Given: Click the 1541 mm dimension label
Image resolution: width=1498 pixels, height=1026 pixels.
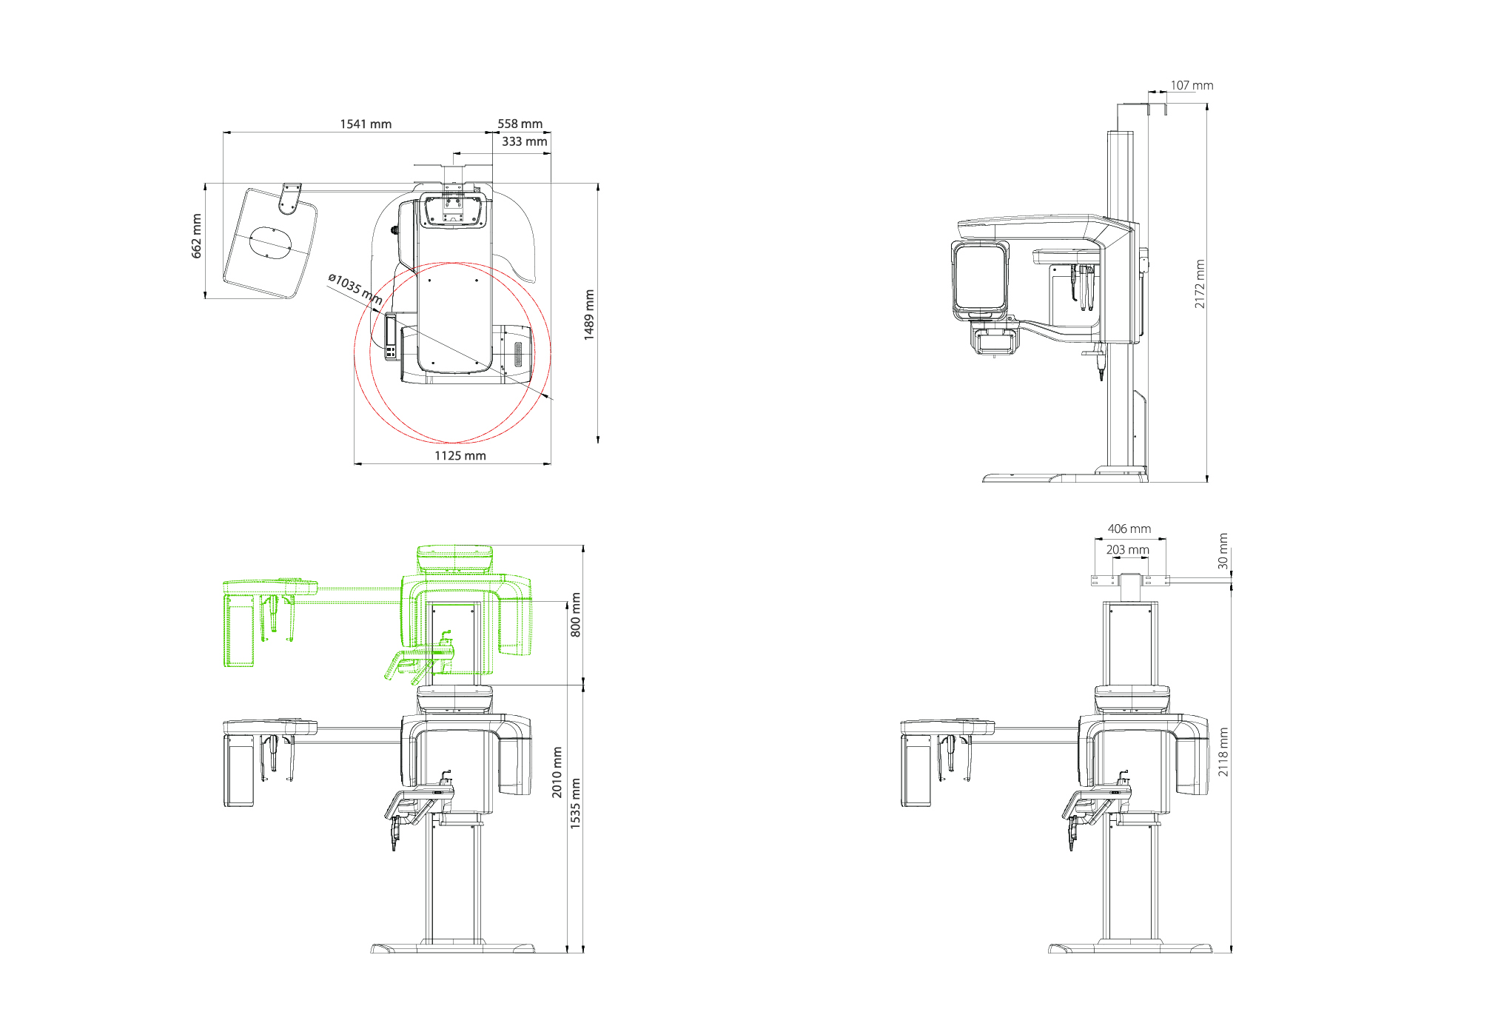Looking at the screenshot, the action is [x=366, y=124].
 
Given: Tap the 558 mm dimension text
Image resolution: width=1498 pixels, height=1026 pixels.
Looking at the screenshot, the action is [x=520, y=124].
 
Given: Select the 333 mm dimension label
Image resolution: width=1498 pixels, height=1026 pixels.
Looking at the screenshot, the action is [x=524, y=141].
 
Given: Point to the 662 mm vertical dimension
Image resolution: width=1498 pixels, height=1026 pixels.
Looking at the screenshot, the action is [x=196, y=236].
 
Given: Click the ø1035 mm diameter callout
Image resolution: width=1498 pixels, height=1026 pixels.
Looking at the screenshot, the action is [x=355, y=289].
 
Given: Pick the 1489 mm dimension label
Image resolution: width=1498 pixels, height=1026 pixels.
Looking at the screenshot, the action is [x=589, y=315].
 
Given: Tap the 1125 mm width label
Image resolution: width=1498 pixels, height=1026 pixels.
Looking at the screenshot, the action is [x=460, y=455].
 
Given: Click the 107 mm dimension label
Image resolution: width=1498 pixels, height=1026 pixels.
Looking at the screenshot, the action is [x=1192, y=85].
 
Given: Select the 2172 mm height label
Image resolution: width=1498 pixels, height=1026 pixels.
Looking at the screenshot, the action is [x=1200, y=284].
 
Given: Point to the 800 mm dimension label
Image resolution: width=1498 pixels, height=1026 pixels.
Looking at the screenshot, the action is [x=575, y=615].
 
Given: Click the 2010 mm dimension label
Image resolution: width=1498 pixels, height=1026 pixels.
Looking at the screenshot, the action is [x=557, y=772].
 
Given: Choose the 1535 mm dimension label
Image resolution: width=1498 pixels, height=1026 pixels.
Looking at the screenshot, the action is [x=575, y=803].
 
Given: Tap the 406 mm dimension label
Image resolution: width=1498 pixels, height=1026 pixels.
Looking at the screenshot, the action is [x=1129, y=529].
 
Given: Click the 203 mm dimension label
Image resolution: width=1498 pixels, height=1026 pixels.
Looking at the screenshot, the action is [x=1127, y=549].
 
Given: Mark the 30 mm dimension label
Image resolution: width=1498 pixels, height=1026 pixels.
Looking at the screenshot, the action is [x=1223, y=551].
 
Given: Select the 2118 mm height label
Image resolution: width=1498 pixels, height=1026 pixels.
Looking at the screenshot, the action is [x=1223, y=752].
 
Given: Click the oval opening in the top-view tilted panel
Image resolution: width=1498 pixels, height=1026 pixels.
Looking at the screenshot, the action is [x=272, y=243].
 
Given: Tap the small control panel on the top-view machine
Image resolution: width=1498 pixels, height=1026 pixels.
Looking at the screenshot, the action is [x=390, y=337].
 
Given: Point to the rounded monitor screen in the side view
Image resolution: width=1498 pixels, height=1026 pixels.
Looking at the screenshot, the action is [x=981, y=278].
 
